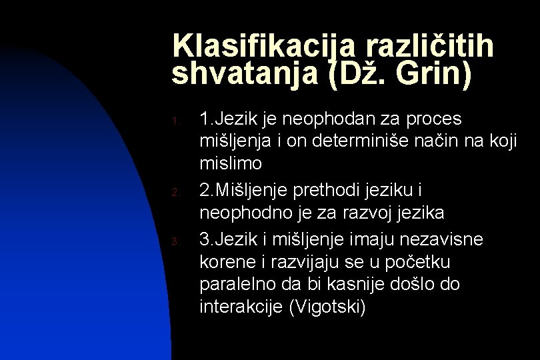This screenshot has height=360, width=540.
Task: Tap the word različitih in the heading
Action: tap(428, 46)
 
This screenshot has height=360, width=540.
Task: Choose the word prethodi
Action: tap(342, 191)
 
